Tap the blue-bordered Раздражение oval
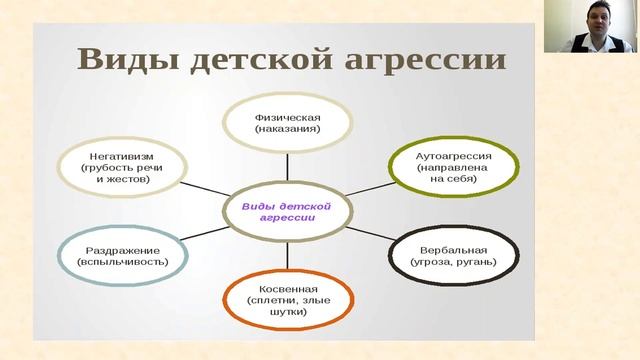121,255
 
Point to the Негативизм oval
121,165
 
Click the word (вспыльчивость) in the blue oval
121,262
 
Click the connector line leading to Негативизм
204,189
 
